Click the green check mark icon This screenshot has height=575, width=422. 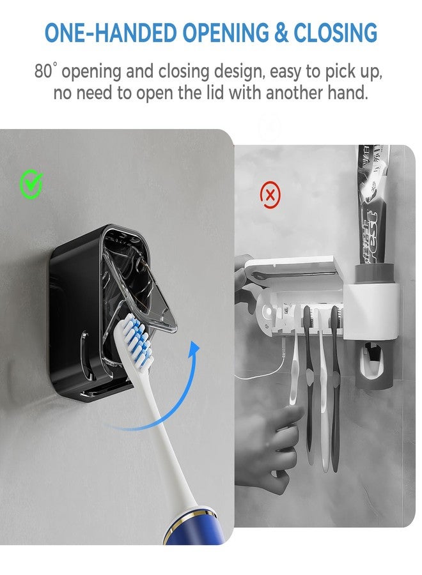pos(31,185)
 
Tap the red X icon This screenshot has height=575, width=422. pos(270,195)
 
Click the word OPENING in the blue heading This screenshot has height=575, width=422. pos(225,33)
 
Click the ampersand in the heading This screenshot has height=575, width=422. pos(281,33)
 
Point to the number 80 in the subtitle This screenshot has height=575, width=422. pos(43,71)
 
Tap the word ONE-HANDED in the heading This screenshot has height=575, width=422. pos(111,33)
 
